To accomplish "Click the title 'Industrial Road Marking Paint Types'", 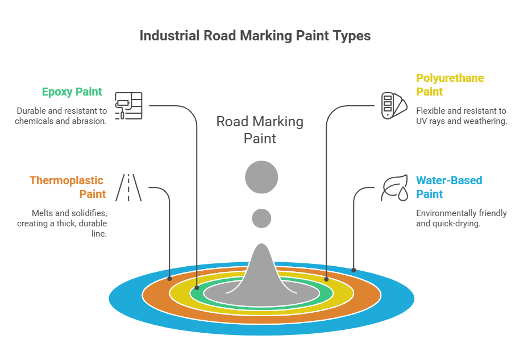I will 255,36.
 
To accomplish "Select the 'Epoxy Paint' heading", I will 72,92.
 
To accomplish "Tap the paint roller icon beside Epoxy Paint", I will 128,106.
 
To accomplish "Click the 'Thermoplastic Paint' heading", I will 68,187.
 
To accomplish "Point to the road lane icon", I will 128,187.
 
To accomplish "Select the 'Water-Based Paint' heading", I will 449,187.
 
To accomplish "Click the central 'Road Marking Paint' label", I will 260,130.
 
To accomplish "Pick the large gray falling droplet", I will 261,177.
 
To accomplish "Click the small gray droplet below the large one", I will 261,218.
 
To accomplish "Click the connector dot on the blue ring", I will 354,270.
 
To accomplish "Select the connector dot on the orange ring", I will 169,279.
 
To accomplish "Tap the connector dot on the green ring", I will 197,288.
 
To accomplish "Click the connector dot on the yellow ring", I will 326,279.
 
